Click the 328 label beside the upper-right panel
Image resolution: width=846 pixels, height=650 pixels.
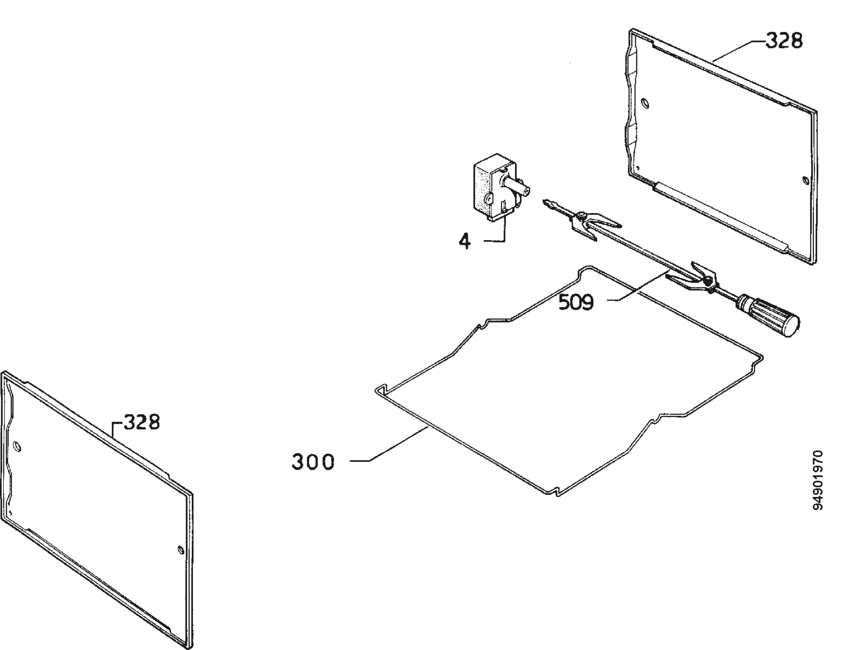pos(784,41)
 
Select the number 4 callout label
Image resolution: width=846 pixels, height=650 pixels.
pos(465,242)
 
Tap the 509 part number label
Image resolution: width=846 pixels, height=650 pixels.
pos(576,302)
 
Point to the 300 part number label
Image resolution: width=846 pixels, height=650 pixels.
pos(313,462)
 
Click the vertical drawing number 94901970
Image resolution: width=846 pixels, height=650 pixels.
pos(817,480)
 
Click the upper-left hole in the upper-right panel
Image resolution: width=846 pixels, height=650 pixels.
pos(645,103)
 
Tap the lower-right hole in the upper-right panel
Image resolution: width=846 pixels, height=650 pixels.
pos(806,180)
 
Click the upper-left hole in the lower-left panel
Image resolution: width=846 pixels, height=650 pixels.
pos(17,447)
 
